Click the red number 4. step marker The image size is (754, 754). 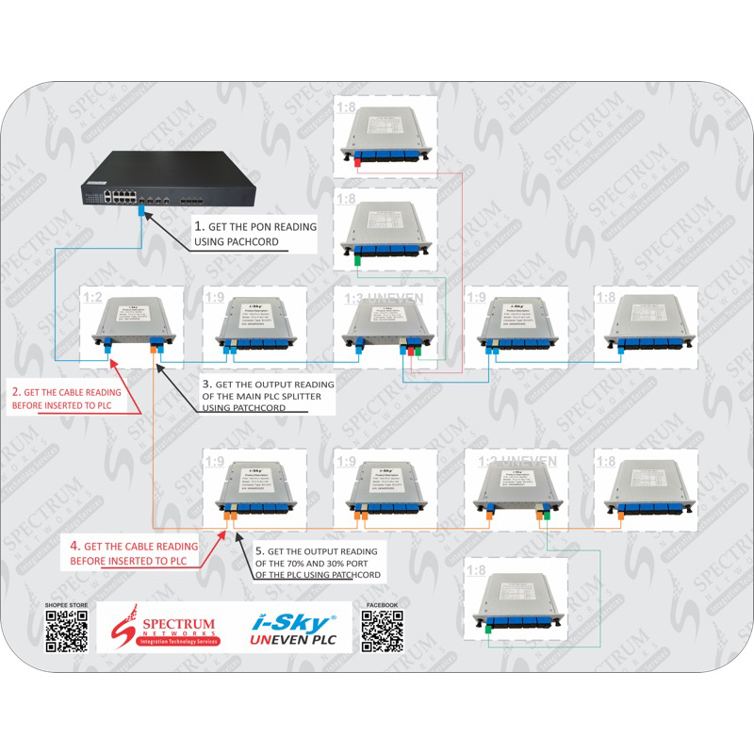point(75,546)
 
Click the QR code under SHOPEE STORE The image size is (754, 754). point(66,630)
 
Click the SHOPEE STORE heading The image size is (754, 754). point(66,605)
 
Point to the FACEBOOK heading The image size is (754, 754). point(381,605)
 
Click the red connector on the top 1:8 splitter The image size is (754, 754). point(359,163)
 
